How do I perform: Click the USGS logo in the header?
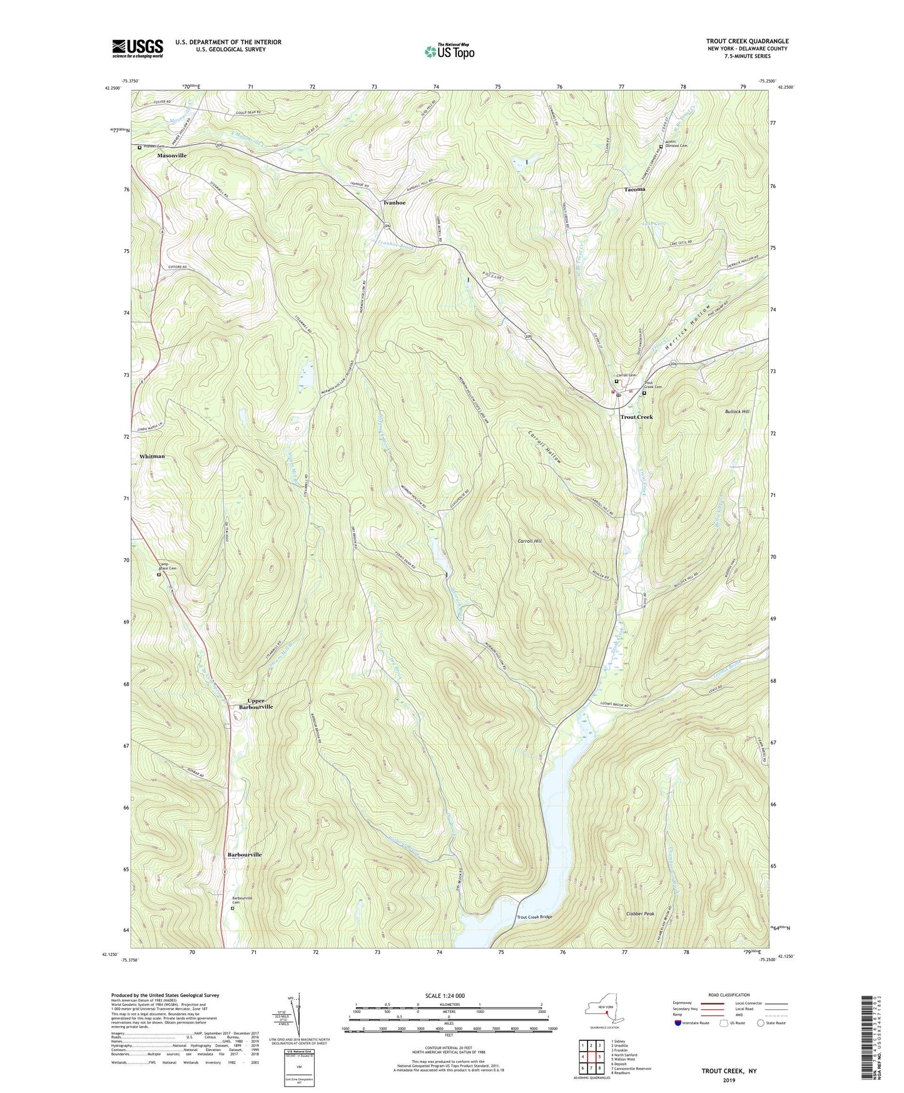point(138,48)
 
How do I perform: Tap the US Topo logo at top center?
point(449,51)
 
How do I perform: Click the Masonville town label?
point(172,155)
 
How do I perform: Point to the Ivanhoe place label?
point(394,203)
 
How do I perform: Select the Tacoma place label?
point(634,189)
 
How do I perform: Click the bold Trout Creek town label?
point(636,417)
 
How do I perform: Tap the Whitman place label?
point(152,456)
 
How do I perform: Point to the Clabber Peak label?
point(639,914)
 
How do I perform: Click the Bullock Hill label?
point(737,411)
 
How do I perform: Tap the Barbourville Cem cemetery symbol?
point(233,908)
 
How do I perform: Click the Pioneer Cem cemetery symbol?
point(140,148)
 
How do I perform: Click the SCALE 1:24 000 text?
point(444,995)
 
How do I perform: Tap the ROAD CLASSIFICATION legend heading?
point(729,995)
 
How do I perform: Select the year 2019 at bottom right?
point(729,1080)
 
